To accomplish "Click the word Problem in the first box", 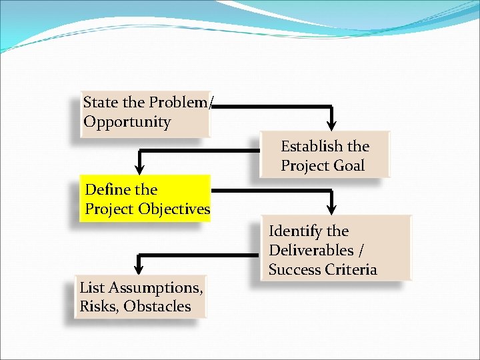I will coord(179,103).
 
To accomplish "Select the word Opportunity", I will coord(127,123).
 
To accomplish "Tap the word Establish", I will coord(311,147).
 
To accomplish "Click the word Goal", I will coord(348,166).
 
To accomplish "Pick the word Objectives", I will coord(175,209).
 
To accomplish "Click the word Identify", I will coord(295,231).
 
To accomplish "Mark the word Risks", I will coord(99,307).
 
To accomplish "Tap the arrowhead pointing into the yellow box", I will coord(140,166).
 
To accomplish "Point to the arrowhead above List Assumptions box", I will coord(139,267).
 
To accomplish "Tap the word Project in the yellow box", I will coord(109,209).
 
